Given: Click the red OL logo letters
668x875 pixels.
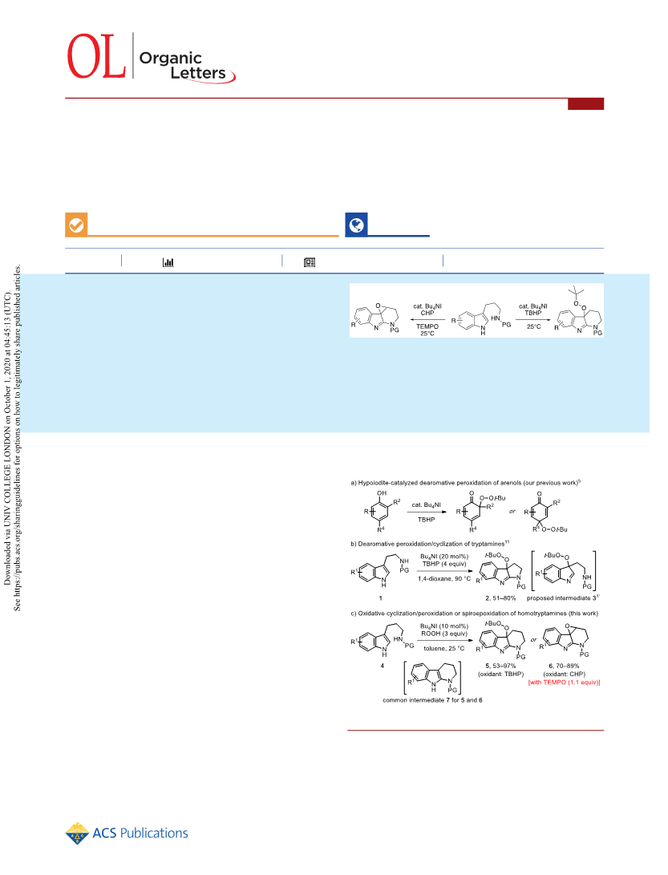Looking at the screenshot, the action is click(x=96, y=56).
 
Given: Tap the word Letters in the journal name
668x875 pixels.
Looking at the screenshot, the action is click(x=198, y=73).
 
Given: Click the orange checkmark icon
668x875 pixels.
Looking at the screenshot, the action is click(x=76, y=225).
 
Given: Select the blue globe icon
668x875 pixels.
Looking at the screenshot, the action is click(x=356, y=225).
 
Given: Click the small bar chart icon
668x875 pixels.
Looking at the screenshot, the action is click(x=168, y=261).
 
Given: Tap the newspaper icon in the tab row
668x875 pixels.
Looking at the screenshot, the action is click(x=310, y=262).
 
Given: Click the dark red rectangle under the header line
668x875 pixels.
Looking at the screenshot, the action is click(x=586, y=103).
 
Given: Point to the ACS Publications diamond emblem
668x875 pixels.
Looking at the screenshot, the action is click(x=77, y=833).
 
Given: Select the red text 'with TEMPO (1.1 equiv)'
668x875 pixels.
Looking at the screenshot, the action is click(x=565, y=682).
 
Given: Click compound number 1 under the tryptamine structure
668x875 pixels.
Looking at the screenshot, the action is click(x=381, y=598).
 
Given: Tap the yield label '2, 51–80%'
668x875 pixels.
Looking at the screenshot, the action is click(x=500, y=598).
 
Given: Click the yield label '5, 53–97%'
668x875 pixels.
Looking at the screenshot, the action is click(x=500, y=666).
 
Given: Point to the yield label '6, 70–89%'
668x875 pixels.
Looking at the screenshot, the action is click(x=565, y=666).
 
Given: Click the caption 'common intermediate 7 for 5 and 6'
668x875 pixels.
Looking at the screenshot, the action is click(x=432, y=700).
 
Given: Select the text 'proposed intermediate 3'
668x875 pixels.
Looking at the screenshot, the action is click(x=562, y=598).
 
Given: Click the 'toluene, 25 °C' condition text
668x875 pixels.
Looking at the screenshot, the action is click(x=443, y=649).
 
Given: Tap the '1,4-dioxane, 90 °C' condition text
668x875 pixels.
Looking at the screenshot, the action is click(x=445, y=579).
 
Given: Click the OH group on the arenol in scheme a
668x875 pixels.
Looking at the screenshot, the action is click(x=382, y=493).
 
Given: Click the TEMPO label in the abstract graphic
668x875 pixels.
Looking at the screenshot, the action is click(x=427, y=326).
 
